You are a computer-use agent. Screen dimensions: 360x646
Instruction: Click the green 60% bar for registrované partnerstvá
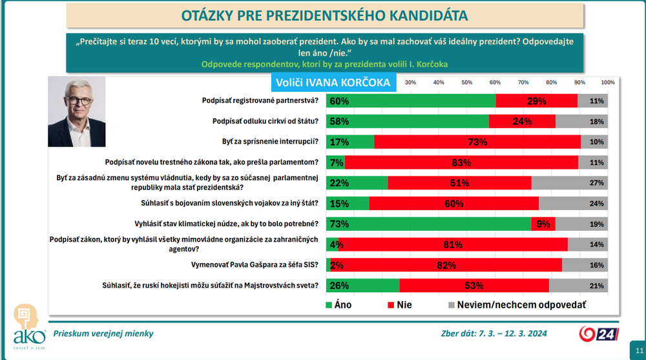pyautogui.click(x=412, y=101)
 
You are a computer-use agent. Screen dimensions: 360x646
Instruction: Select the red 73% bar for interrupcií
pyautogui.click(x=477, y=142)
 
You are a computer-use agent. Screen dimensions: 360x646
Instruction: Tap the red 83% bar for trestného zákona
pyautogui.click(x=461, y=162)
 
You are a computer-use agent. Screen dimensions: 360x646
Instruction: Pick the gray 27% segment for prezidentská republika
pyautogui.click(x=569, y=183)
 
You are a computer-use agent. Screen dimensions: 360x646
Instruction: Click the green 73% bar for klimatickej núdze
pyautogui.click(x=429, y=224)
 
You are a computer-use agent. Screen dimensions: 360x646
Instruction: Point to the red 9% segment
pyautogui.click(x=543, y=224)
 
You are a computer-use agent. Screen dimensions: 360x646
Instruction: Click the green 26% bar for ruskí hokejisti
pyautogui.click(x=363, y=285)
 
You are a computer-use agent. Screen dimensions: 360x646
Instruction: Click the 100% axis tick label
pyautogui.click(x=608, y=82)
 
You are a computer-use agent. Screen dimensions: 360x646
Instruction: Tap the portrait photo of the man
pyautogui.click(x=76, y=113)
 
